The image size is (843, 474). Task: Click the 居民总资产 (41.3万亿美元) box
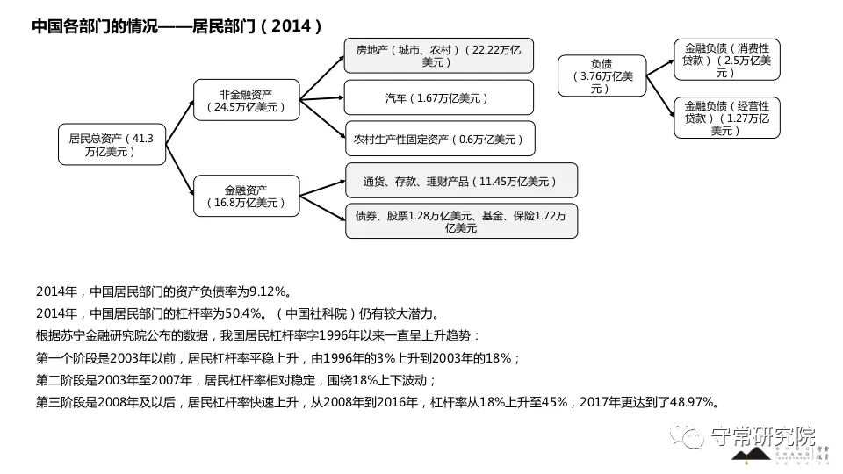tap(112, 145)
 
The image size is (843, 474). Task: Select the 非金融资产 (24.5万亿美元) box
tap(247, 100)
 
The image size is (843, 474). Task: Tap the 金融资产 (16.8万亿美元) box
tap(247, 196)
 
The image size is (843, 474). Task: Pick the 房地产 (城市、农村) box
tap(439, 56)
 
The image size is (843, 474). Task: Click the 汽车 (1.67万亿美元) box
tap(439, 97)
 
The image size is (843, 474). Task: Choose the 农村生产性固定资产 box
tap(439, 139)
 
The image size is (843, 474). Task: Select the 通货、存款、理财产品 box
tap(461, 181)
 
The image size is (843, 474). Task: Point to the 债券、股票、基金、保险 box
tap(461, 221)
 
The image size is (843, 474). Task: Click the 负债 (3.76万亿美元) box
tap(602, 75)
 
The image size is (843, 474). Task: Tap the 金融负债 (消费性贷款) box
tap(726, 59)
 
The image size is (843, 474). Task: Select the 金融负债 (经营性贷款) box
tap(726, 118)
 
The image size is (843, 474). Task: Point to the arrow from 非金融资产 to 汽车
tap(321, 97)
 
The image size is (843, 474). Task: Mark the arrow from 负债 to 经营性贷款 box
tap(659, 96)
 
